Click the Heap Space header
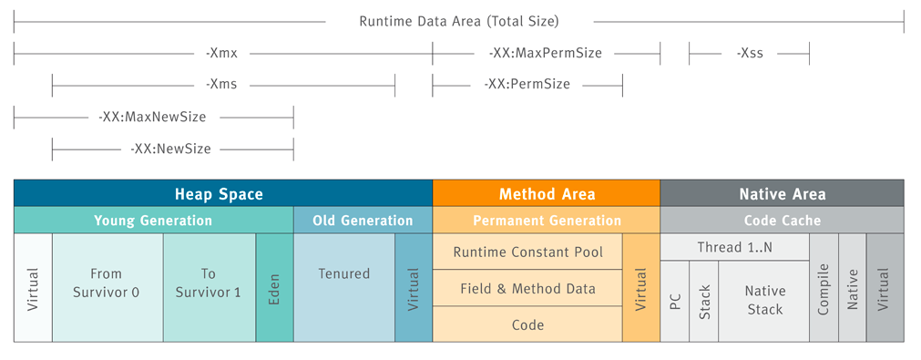219,193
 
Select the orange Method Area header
547,193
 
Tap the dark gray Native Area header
783,193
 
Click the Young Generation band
153,221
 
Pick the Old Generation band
363,221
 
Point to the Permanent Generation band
547,221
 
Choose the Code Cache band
783,221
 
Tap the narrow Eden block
274,288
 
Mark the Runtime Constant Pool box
527,252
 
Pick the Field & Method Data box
527,288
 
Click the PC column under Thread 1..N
674,302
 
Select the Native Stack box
763,302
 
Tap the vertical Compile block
824,288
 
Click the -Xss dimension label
749,54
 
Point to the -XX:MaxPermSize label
545,54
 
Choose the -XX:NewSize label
170,148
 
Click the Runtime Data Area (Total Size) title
459,21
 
